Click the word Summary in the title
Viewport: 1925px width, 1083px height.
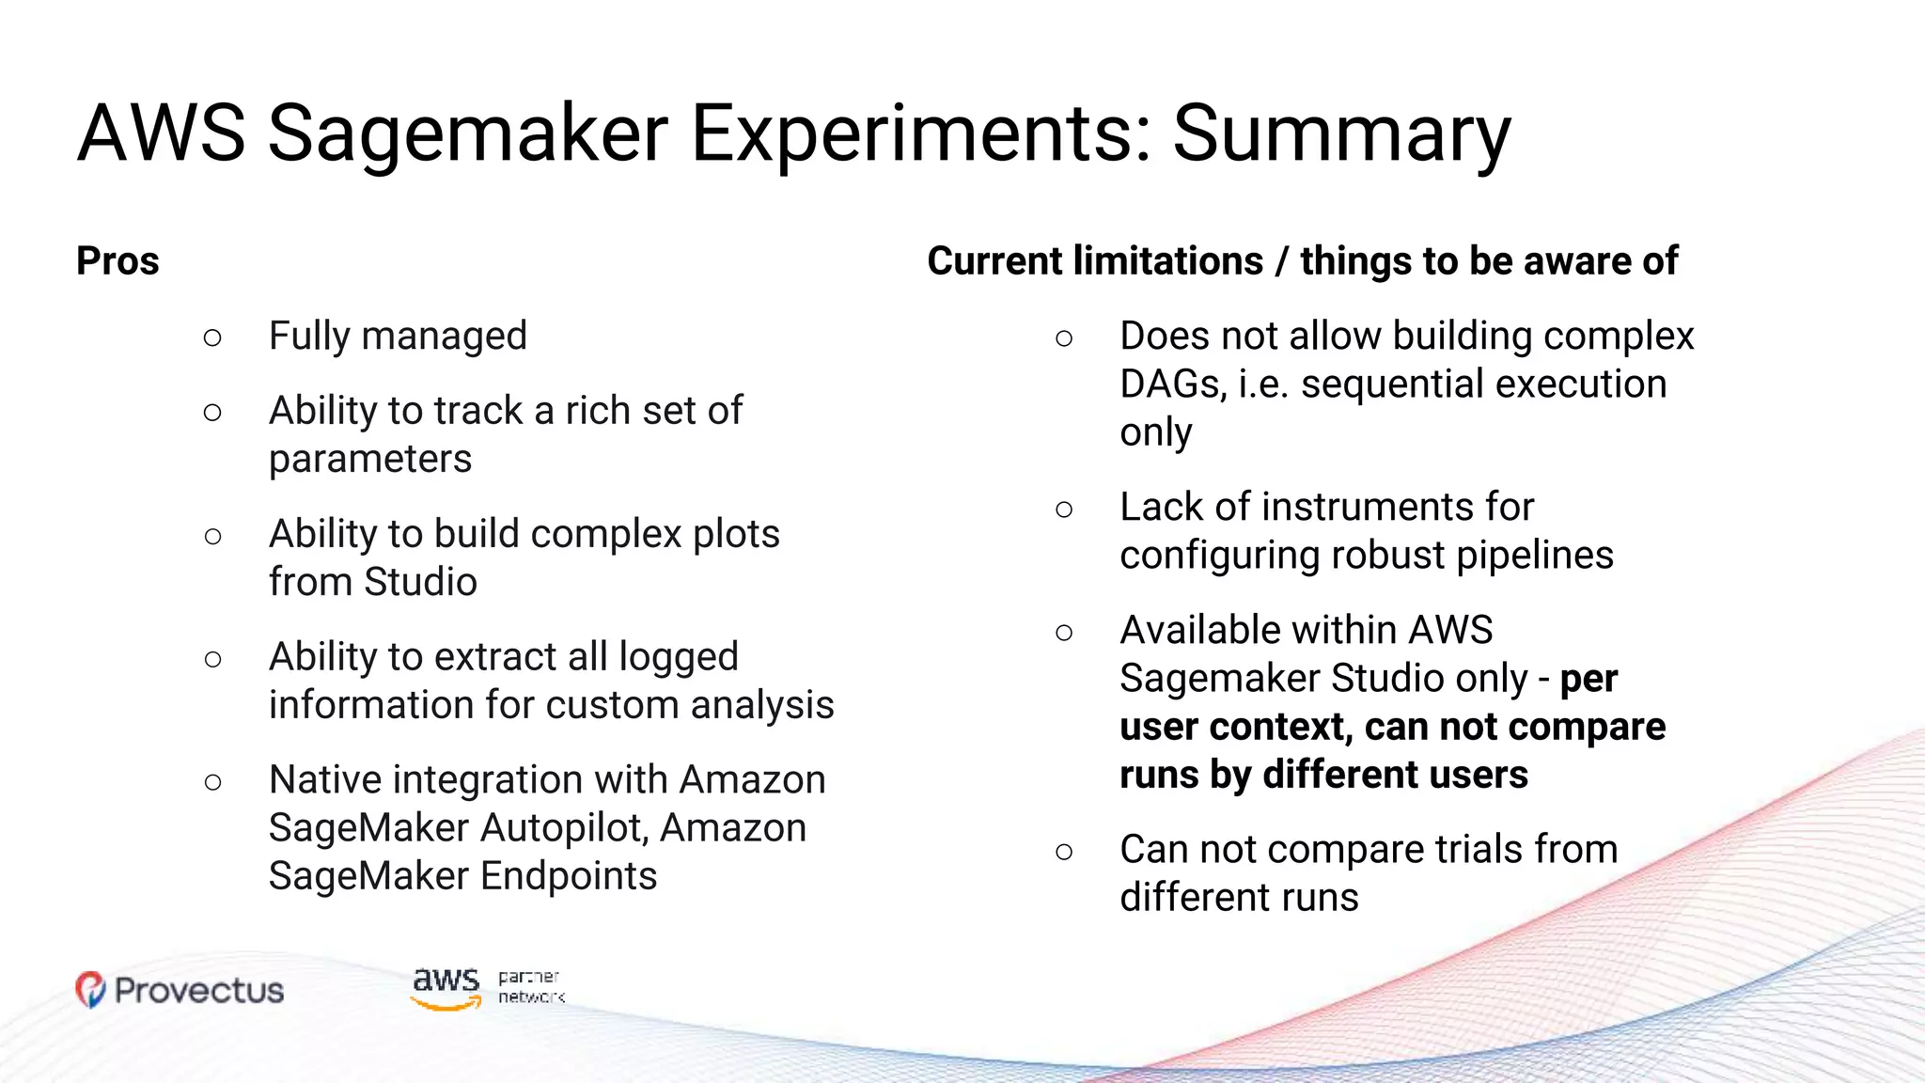[x=1341, y=133]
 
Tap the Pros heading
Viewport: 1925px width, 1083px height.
[x=117, y=261]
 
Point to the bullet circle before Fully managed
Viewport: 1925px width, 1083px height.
[x=212, y=337]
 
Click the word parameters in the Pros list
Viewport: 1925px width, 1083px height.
[x=370, y=460]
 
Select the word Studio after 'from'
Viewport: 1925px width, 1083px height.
[x=420, y=582]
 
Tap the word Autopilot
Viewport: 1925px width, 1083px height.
[x=564, y=828]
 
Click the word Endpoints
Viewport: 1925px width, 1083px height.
[x=569, y=876]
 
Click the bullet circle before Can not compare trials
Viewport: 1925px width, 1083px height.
[x=1064, y=852]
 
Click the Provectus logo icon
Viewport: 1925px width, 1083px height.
[x=90, y=990]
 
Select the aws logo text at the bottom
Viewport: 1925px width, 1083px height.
[x=446, y=982]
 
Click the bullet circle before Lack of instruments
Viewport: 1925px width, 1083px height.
[x=1064, y=510]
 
